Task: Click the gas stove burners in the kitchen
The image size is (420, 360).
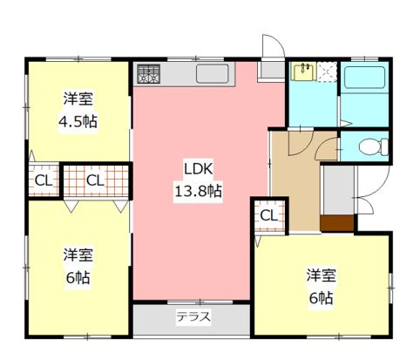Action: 147,75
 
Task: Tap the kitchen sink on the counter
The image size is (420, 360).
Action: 211,72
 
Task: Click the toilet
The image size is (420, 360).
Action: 372,146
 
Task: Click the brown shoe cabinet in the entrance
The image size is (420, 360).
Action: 336,222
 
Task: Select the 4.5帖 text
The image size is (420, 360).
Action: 78,121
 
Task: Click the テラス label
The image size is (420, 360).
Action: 193,316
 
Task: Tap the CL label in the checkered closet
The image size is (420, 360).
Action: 95,181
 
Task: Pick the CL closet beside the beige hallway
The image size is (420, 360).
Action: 268,214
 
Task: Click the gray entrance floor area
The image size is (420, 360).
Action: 337,187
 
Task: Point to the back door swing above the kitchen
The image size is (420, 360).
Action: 271,49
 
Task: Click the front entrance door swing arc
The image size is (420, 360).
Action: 369,187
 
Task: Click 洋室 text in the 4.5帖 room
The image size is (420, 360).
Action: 78,98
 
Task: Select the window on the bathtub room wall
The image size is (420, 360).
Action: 364,58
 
